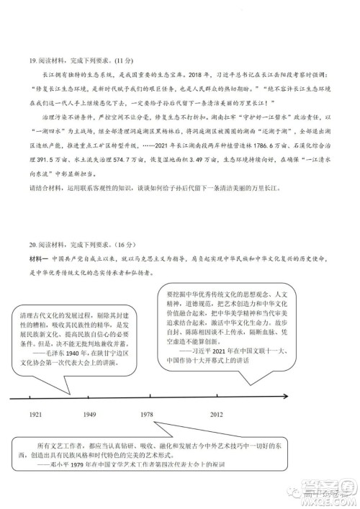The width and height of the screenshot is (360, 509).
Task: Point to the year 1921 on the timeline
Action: pyautogui.click(x=36, y=415)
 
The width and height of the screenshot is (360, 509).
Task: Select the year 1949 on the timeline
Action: pyautogui.click(x=90, y=415)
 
